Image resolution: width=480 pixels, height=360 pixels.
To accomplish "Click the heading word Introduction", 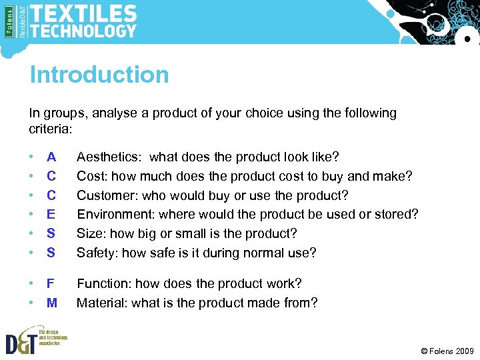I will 99,75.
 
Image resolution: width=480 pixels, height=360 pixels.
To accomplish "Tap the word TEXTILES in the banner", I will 83,13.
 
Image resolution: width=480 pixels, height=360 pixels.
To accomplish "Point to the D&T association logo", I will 33,339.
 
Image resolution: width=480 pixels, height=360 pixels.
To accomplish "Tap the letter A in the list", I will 51,157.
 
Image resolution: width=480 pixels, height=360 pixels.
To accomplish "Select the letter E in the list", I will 51,215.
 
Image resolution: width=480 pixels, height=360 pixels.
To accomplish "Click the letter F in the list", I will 51,284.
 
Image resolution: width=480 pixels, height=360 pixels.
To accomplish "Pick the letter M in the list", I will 52,303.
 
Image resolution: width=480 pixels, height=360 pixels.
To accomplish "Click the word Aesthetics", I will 109,157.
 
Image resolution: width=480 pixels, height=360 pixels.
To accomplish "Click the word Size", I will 89,234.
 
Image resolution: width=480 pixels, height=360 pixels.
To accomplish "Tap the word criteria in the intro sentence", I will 49,127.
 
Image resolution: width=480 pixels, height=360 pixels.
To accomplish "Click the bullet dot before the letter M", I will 31,303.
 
